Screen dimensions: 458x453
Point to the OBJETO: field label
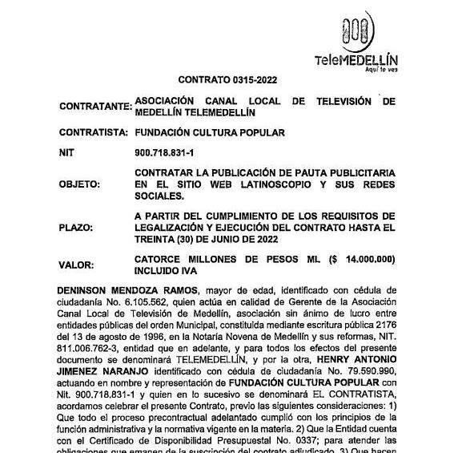coord(80,184)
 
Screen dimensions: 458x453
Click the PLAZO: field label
coord(76,227)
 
